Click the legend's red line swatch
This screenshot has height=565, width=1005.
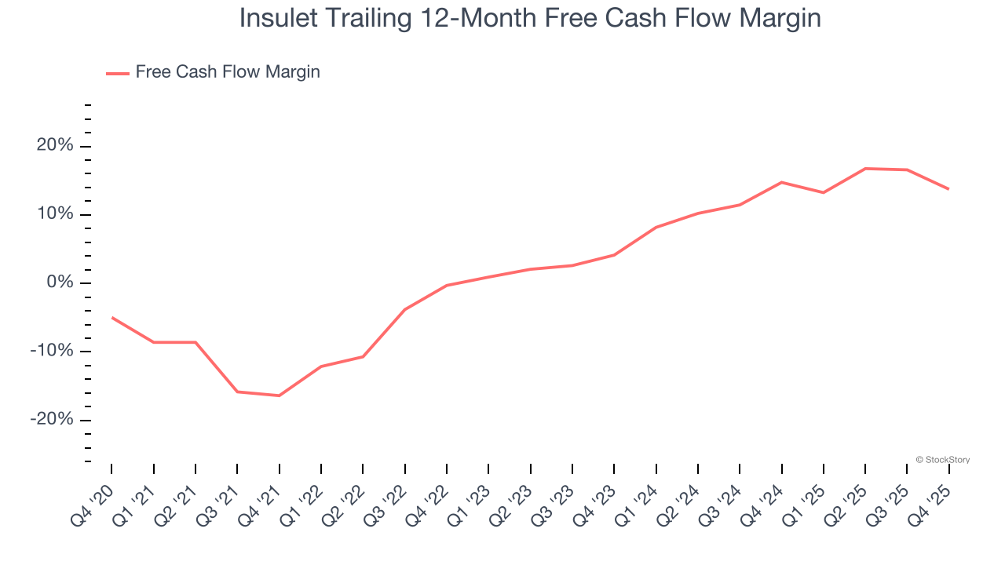point(118,73)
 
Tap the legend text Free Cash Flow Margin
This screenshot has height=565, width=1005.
point(227,72)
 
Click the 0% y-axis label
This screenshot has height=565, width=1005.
point(59,282)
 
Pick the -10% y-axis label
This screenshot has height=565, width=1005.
point(52,351)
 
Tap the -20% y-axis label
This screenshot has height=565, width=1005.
point(52,419)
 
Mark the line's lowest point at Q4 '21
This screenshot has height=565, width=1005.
point(279,395)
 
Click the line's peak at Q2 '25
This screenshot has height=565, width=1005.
point(865,169)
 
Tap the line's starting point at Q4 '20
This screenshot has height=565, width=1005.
point(111,317)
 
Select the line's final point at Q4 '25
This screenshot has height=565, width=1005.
point(948,189)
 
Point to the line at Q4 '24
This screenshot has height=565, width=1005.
point(781,182)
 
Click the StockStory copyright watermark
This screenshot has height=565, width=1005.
point(942,460)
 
